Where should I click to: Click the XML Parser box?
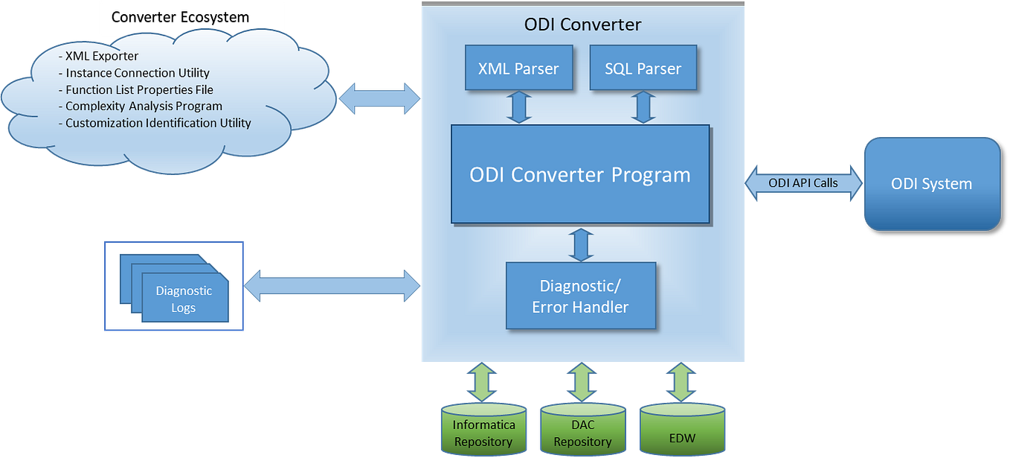[x=518, y=69]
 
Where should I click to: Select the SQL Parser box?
[x=643, y=69]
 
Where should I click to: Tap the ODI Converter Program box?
[x=580, y=175]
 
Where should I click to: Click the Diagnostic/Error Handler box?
[x=580, y=296]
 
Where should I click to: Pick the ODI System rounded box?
[x=931, y=183]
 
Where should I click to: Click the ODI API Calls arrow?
[x=803, y=183]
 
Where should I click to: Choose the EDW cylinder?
[x=682, y=433]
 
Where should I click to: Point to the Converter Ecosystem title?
[x=180, y=17]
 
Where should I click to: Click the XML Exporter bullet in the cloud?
[x=101, y=56]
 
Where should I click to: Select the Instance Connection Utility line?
[x=137, y=73]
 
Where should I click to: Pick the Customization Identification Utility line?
[x=158, y=123]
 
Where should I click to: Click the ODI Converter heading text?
[x=582, y=25]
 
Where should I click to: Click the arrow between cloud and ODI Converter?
[x=379, y=97]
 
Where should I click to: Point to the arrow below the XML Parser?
[x=518, y=108]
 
